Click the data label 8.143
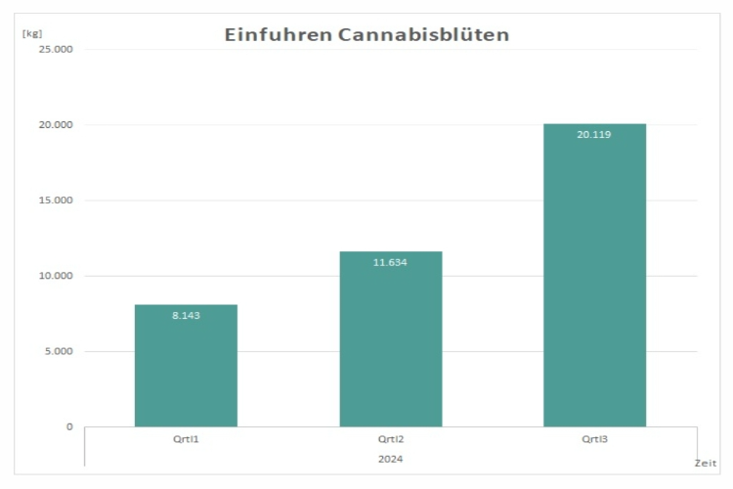pyautogui.click(x=186, y=315)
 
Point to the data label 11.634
pyautogui.click(x=391, y=262)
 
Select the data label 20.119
pyautogui.click(x=594, y=134)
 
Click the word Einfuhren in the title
pyautogui.click(x=278, y=35)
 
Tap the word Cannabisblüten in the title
pyautogui.click(x=424, y=35)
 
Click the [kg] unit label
pyautogui.click(x=31, y=33)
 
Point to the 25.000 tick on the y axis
pyautogui.click(x=56, y=49)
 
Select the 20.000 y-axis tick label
pyautogui.click(x=56, y=125)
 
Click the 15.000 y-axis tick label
pyautogui.click(x=56, y=200)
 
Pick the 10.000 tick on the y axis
pyautogui.click(x=56, y=276)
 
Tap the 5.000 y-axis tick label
pyautogui.click(x=59, y=351)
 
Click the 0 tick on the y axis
pyautogui.click(x=69, y=426)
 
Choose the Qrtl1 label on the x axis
pyautogui.click(x=186, y=439)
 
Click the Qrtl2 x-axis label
pyautogui.click(x=391, y=439)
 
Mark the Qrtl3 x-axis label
pyautogui.click(x=594, y=439)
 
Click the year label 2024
pyautogui.click(x=391, y=458)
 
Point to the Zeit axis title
pyautogui.click(x=706, y=463)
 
